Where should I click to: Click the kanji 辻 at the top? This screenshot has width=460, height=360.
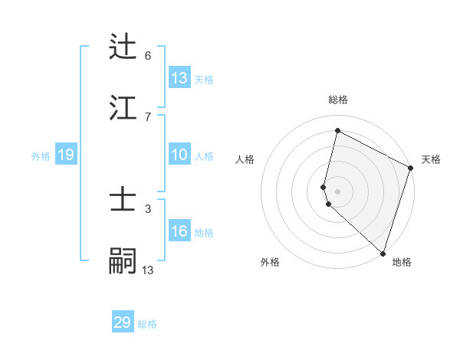pos(123,47)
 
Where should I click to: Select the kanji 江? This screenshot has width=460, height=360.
pos(123,108)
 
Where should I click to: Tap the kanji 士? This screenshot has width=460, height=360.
pos(123,201)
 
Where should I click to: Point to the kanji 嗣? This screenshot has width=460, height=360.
pos(123,260)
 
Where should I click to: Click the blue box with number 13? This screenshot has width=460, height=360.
pos(179,78)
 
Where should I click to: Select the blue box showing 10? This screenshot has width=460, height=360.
pos(179,155)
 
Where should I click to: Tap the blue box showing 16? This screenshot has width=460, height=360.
pos(179,231)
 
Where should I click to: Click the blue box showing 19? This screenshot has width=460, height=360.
pos(66,155)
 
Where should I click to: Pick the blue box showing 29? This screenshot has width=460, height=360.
pos(123,322)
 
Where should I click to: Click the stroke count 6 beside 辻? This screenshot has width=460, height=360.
pos(148,55)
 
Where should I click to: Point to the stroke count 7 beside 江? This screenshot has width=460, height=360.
pos(148,116)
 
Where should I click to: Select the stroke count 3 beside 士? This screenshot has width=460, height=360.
pos(148,208)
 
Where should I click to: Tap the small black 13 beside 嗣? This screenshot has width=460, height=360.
pos(148,270)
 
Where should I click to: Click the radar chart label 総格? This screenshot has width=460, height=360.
pos(338,100)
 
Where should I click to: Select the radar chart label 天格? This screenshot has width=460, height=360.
pos(431,159)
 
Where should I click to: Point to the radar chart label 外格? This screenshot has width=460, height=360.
pos(270,262)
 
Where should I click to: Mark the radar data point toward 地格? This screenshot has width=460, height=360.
pos(383,253)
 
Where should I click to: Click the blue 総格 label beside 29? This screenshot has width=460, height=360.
pos(148,324)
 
